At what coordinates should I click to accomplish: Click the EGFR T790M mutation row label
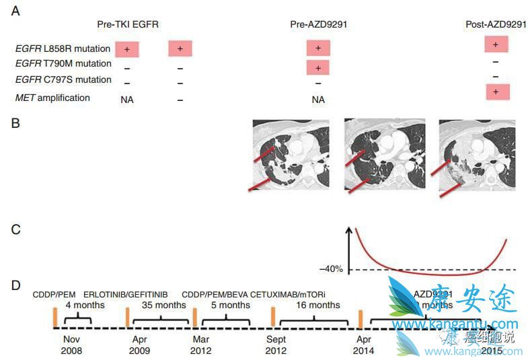tap(63, 64)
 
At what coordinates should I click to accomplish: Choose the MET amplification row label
tap(52, 98)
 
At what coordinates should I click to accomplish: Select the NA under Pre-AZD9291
tap(317, 100)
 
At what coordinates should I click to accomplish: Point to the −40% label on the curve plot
tap(331, 269)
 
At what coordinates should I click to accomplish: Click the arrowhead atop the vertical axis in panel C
tap(349, 230)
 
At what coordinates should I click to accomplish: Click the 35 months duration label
tap(163, 305)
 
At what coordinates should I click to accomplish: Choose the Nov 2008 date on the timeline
tap(71, 345)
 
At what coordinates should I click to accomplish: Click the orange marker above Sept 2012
tap(273, 318)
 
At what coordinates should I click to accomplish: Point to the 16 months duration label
tap(318, 305)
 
